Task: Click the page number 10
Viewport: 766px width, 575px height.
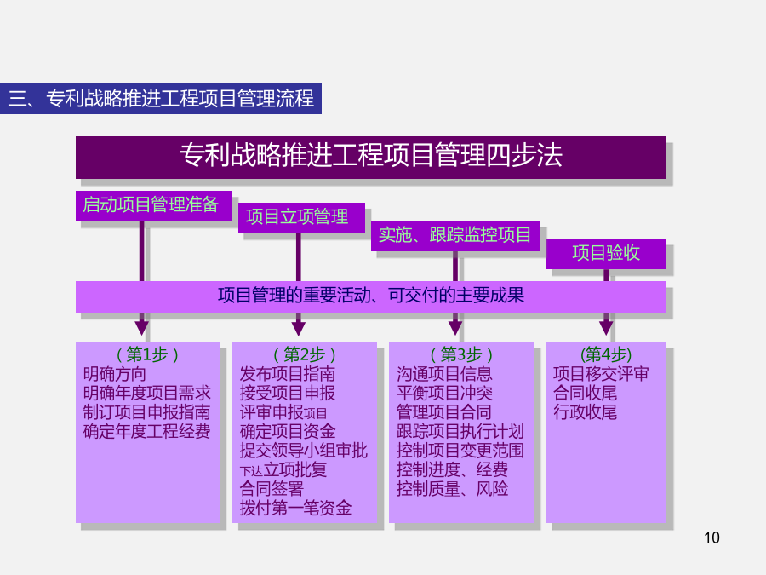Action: click(712, 538)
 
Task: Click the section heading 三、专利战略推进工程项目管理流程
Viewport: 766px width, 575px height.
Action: click(161, 99)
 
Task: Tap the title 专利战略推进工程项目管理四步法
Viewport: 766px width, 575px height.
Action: click(371, 157)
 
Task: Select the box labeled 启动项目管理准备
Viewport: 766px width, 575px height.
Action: click(154, 206)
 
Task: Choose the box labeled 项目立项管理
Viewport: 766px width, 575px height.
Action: click(301, 217)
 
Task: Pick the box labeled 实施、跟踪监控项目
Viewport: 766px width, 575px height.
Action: click(455, 236)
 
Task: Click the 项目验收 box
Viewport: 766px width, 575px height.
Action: click(606, 254)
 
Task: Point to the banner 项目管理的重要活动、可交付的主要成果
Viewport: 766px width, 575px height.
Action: click(371, 296)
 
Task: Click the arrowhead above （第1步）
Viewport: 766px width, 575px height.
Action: click(141, 328)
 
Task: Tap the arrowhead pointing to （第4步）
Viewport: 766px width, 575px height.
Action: click(606, 328)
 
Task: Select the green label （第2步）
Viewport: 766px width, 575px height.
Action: click(305, 354)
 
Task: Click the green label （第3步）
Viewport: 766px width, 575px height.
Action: click(461, 354)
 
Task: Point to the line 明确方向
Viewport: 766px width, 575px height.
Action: click(114, 374)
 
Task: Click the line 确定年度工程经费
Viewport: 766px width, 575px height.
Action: click(146, 431)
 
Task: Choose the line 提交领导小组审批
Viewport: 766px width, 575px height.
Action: click(303, 451)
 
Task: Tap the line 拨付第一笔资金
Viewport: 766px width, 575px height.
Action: click(295, 508)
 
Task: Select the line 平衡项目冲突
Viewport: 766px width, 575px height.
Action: click(444, 393)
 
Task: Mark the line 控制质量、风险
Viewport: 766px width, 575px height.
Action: click(453, 488)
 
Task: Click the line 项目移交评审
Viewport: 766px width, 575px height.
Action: click(601, 374)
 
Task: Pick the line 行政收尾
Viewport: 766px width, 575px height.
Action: click(585, 412)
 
